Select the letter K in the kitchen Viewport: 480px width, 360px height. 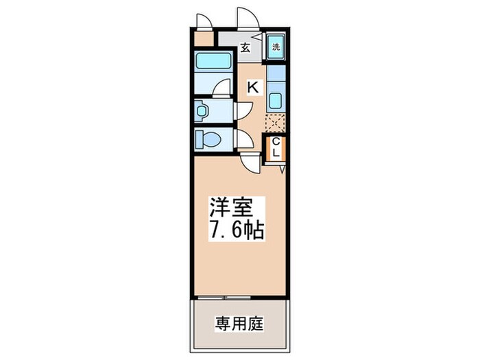tap(252, 88)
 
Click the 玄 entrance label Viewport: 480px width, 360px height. tap(244, 48)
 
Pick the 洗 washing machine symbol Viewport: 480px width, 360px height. tap(276, 47)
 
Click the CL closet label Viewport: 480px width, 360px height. tap(276, 147)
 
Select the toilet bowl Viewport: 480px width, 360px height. tap(208, 140)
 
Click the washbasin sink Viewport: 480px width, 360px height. tap(202, 110)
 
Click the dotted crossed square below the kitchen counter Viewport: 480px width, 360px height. tap(274, 123)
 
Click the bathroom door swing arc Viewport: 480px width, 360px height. tap(221, 88)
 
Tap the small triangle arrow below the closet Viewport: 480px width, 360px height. tap(281, 167)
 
